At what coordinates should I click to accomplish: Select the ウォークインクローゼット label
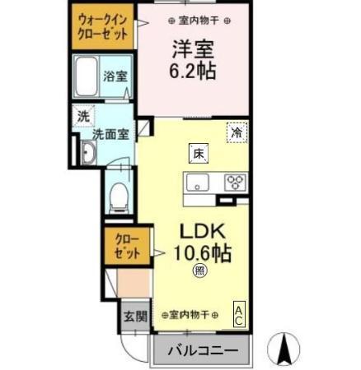click(103, 27)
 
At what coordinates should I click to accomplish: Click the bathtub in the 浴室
click(87, 77)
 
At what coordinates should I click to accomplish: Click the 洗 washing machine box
click(83, 116)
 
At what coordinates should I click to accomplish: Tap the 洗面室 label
click(110, 134)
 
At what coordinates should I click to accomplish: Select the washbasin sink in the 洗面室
click(89, 151)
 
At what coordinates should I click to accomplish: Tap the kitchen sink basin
click(199, 182)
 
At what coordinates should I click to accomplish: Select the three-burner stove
click(236, 182)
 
